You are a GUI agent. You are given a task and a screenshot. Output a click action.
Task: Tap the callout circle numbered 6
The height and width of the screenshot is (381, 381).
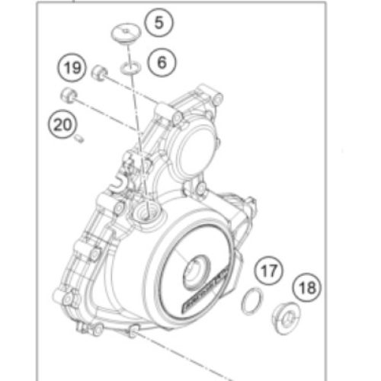160,62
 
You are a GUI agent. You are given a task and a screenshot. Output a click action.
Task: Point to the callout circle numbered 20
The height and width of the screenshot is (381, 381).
61,121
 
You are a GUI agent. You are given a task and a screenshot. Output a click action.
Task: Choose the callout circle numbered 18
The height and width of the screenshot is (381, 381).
307,287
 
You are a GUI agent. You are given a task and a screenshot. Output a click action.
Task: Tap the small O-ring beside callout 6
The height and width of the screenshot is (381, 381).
128,70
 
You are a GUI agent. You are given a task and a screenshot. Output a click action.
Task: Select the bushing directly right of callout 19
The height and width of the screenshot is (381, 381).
98,73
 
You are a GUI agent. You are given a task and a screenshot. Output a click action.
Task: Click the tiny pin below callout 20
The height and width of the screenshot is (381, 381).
82,138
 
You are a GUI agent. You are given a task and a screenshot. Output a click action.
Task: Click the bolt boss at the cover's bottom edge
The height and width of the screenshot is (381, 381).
135,330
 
